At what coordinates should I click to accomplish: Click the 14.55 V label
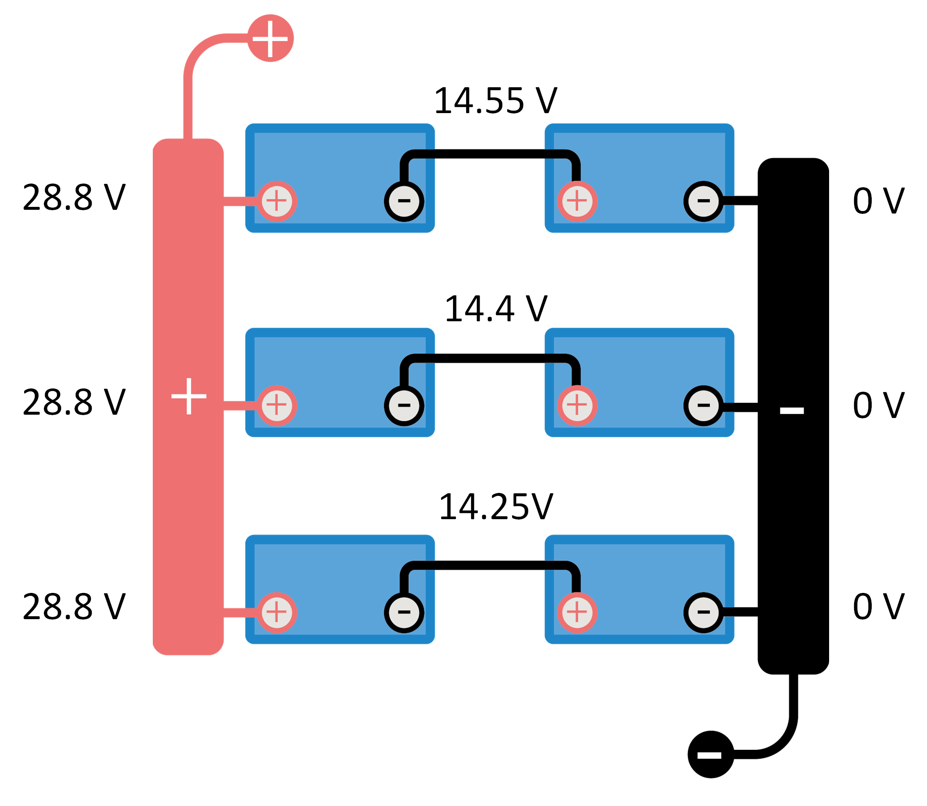[x=495, y=101]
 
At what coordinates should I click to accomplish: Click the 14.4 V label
[x=495, y=309]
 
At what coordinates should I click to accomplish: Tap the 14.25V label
[x=495, y=507]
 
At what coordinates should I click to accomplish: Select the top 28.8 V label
[x=74, y=197]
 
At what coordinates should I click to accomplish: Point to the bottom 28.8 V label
[x=74, y=606]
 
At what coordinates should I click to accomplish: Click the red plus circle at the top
[x=270, y=38]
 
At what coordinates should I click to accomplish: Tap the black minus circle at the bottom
[x=711, y=754]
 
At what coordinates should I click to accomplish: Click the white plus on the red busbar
[x=189, y=396]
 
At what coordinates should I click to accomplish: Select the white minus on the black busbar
[x=791, y=410]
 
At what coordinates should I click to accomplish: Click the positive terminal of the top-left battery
[x=277, y=201]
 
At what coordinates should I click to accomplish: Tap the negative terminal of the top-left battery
[x=404, y=201]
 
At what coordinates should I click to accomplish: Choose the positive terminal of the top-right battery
[x=577, y=201]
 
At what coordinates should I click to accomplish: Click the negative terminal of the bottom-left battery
[x=404, y=612]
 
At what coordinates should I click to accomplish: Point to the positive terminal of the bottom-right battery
[x=577, y=612]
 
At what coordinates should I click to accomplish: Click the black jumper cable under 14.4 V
[x=490, y=359]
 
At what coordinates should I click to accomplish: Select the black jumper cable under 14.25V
[x=490, y=565]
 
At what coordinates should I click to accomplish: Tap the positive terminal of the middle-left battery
[x=277, y=405]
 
